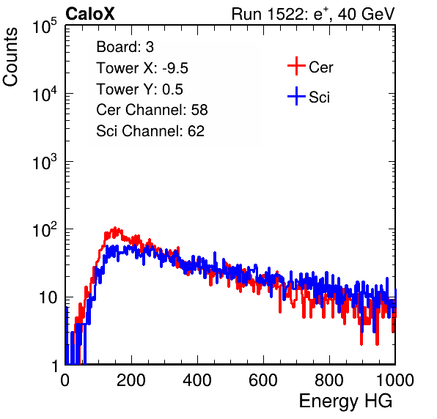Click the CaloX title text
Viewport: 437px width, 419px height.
point(90,14)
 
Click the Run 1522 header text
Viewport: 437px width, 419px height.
point(313,14)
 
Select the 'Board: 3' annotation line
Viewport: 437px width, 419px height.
point(125,47)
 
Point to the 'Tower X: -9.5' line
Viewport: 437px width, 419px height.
point(142,68)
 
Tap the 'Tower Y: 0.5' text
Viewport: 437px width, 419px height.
point(139,89)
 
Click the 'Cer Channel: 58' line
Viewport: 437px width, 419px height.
point(152,110)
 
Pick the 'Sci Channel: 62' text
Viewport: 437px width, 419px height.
point(150,131)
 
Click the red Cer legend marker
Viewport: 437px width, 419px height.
point(296,66)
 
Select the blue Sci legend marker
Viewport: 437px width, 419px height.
point(296,96)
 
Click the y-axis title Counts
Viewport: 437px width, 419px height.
point(10,57)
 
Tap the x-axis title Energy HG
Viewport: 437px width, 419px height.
point(345,401)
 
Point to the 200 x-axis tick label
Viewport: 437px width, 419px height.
point(131,380)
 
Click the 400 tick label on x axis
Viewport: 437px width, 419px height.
point(197,380)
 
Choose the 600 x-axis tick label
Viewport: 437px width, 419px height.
point(263,380)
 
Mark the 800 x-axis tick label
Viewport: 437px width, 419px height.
point(329,380)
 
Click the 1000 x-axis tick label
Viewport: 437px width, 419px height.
point(395,380)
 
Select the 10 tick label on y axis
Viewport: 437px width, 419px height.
point(48,297)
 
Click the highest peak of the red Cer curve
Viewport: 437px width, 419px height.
point(115,228)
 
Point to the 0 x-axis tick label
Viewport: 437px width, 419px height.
point(65,380)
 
